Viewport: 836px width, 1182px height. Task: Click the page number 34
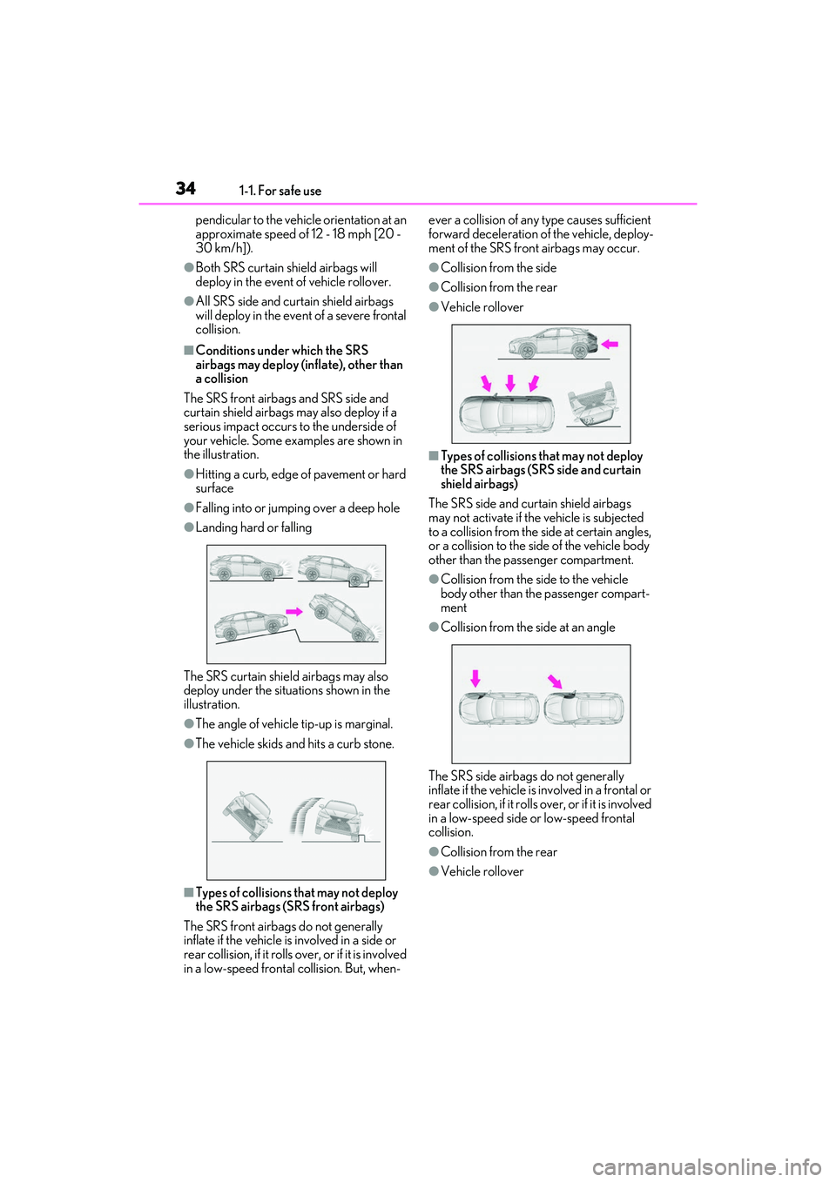click(x=185, y=188)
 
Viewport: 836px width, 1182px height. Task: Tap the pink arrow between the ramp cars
click(x=294, y=611)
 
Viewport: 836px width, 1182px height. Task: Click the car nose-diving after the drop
click(x=346, y=615)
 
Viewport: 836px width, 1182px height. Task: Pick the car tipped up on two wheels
click(x=247, y=814)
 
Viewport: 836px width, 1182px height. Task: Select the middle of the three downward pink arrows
click(x=510, y=382)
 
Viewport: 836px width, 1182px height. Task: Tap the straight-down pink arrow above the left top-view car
click(x=475, y=678)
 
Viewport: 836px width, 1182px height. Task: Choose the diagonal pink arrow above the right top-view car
click(x=555, y=681)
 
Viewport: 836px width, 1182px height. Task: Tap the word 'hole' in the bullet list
click(x=388, y=507)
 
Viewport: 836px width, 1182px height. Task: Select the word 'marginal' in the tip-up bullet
click(x=368, y=723)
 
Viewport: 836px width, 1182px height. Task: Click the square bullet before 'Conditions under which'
click(x=188, y=350)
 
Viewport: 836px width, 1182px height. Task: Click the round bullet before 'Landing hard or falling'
click(x=188, y=527)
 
